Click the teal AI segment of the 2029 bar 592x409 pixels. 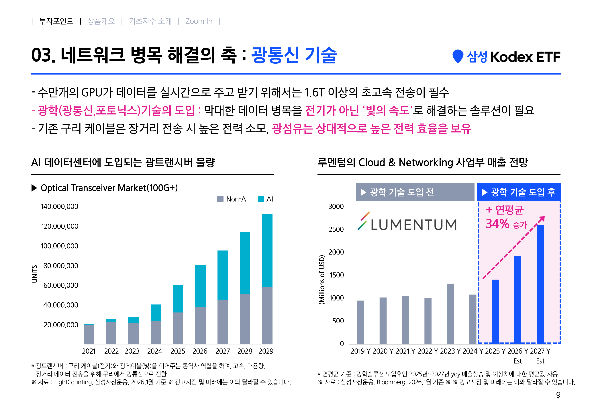pyautogui.click(x=267, y=250)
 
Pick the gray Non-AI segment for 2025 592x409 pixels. pyautogui.click(x=178, y=328)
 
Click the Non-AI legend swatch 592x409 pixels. pyautogui.click(x=220, y=199)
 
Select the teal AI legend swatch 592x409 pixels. pyautogui.click(x=261, y=199)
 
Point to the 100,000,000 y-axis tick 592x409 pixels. pyautogui.click(x=60, y=246)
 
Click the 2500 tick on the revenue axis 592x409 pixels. pyautogui.click(x=336, y=229)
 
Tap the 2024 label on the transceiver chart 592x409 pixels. pyautogui.click(x=154, y=351)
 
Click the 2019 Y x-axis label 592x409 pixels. pyautogui.click(x=360, y=351)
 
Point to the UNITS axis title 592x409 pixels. pyautogui.click(x=34, y=274)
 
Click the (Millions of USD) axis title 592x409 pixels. pyautogui.click(x=322, y=280)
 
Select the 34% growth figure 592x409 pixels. pyautogui.click(x=497, y=224)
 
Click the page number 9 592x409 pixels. pyautogui.click(x=558, y=395)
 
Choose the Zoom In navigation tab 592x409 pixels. pyautogui.click(x=199, y=21)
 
